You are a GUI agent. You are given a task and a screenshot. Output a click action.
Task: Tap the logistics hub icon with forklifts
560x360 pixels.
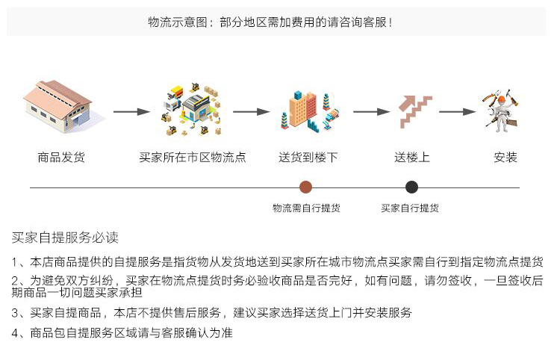click(x=192, y=109)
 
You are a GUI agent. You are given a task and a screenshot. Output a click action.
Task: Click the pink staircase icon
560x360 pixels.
click(x=415, y=111)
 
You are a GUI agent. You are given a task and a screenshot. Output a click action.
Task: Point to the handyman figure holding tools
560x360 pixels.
click(x=501, y=111)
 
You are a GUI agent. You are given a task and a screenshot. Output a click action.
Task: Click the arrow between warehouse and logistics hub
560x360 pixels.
click(x=131, y=112)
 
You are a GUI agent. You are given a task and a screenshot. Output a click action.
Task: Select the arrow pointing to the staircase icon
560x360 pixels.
click(x=371, y=112)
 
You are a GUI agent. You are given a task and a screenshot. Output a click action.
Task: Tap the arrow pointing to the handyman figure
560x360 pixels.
click(x=458, y=112)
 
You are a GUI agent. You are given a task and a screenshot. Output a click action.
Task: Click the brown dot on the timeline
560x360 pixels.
click(x=305, y=187)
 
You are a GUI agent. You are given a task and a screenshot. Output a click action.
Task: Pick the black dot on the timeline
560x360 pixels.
click(x=411, y=187)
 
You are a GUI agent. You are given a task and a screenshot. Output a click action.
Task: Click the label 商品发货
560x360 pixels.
click(x=61, y=157)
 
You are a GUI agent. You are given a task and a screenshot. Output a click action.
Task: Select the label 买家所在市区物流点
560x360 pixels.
click(x=193, y=157)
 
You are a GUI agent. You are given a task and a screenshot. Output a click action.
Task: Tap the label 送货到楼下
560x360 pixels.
click(x=308, y=157)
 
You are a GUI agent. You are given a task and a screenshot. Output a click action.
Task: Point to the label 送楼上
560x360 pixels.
click(x=411, y=157)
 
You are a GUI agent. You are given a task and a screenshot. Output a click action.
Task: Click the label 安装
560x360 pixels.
click(x=505, y=157)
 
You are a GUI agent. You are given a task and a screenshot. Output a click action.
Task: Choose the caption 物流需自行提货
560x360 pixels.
click(x=306, y=208)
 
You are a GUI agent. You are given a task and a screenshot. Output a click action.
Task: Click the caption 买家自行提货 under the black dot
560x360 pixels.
click(x=410, y=208)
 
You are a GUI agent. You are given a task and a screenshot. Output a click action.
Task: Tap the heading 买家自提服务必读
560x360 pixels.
click(x=65, y=238)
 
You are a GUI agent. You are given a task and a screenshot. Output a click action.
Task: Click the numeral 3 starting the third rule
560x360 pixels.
click(x=15, y=313)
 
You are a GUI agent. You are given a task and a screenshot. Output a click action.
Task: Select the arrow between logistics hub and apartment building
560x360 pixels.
click(x=252, y=112)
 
